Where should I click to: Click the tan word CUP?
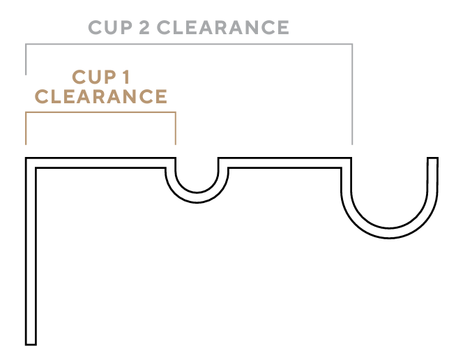click(92, 76)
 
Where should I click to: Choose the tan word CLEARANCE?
click(101, 96)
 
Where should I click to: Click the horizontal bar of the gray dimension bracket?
click(188, 45)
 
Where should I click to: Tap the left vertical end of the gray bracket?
click(26, 59)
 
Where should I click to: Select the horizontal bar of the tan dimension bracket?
click(101, 112)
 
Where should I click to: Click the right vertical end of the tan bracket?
click(175, 129)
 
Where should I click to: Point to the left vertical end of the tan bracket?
click(26, 129)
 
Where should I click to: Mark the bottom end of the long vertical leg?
click(31, 342)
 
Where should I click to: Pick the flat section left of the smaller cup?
click(101, 163)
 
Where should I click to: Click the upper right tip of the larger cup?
click(432, 160)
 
